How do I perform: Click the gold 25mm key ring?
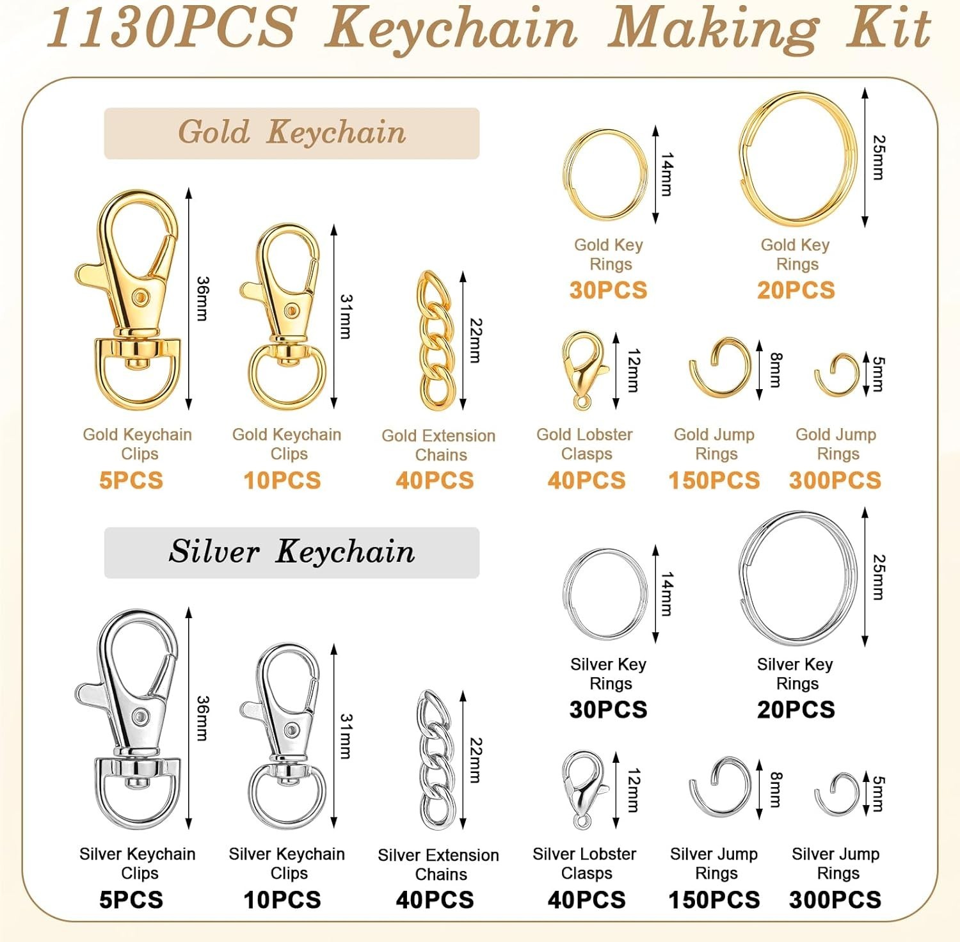click(797, 157)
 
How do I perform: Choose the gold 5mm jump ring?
click(837, 374)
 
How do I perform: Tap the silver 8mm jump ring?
click(720, 789)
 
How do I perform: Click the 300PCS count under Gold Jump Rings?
click(835, 481)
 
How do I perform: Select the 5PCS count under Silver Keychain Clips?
click(131, 900)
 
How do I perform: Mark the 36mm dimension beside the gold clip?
click(202, 298)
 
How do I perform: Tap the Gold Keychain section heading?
click(292, 133)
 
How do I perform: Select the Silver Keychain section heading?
click(292, 552)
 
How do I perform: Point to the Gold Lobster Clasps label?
click(584, 444)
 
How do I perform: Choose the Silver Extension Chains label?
click(438, 865)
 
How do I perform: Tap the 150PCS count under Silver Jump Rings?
click(714, 900)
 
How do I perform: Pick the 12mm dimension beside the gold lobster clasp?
click(632, 371)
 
